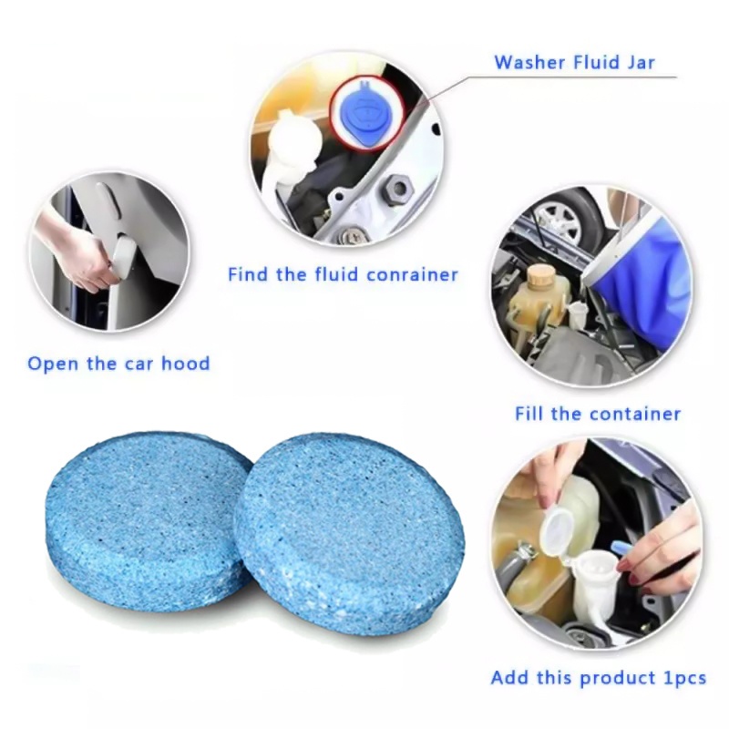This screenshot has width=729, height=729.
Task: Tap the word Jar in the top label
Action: point(641,62)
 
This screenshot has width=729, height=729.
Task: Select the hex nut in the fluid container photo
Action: point(399,189)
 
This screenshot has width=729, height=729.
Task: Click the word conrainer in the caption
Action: point(412,275)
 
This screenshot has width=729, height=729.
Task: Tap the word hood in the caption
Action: point(186,363)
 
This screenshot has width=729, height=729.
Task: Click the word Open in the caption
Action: point(53,364)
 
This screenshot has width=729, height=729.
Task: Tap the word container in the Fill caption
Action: point(634,414)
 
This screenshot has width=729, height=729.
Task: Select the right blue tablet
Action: point(349,532)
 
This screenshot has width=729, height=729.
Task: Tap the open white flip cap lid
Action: point(560,530)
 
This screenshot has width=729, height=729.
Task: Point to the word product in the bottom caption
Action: point(619,678)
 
